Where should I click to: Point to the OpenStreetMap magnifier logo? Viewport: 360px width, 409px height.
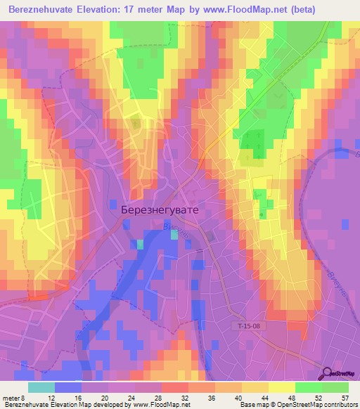(328, 372)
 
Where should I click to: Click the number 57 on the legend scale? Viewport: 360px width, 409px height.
(344, 398)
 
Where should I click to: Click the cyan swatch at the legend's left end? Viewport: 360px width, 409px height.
(41, 387)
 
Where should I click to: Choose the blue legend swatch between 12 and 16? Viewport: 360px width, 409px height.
(68, 387)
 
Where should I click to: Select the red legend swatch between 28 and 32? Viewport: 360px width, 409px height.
(174, 387)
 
